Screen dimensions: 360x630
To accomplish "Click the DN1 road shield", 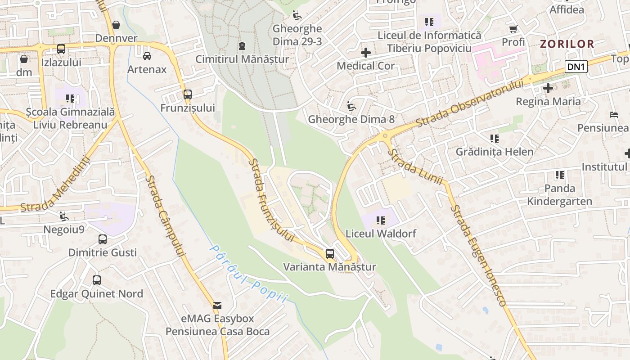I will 576,67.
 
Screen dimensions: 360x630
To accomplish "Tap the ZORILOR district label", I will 567,44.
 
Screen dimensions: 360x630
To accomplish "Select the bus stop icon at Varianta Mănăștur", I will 330,254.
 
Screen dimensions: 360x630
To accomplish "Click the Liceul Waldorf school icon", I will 381,220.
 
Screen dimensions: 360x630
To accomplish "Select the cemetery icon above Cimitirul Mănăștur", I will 242,46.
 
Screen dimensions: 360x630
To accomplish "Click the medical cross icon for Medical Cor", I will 366,53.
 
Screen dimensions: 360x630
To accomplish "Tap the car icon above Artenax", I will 147,56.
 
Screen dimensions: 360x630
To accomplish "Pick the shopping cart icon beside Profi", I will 513,29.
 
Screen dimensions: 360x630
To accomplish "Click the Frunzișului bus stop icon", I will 188,94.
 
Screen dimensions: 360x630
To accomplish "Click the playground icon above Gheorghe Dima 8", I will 351,107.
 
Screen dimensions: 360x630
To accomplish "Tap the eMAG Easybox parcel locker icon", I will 217,306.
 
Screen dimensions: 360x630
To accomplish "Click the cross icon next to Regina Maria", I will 548,88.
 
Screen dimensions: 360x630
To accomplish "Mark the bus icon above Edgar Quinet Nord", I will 97,280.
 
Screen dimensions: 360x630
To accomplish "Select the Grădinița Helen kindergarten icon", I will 494,139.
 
